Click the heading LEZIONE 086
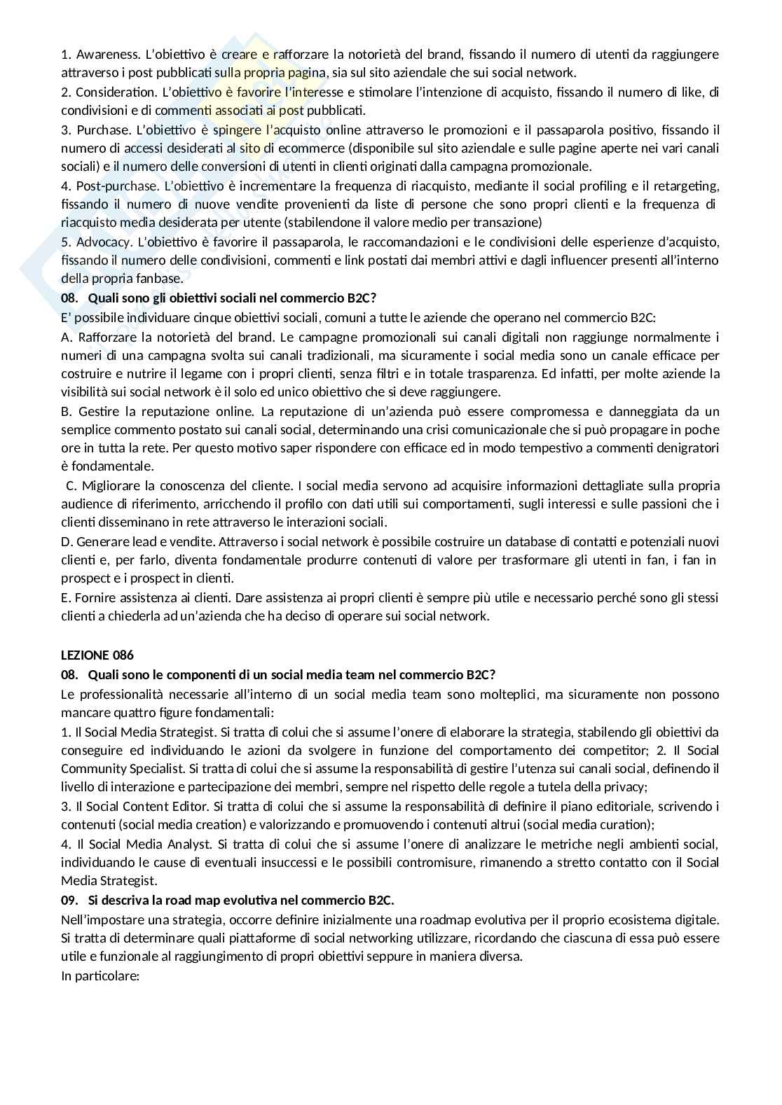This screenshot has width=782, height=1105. tap(97, 655)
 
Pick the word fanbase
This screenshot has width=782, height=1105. tap(161, 279)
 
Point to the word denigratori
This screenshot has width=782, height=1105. tap(686, 447)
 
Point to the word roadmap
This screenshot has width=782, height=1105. tap(477, 919)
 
